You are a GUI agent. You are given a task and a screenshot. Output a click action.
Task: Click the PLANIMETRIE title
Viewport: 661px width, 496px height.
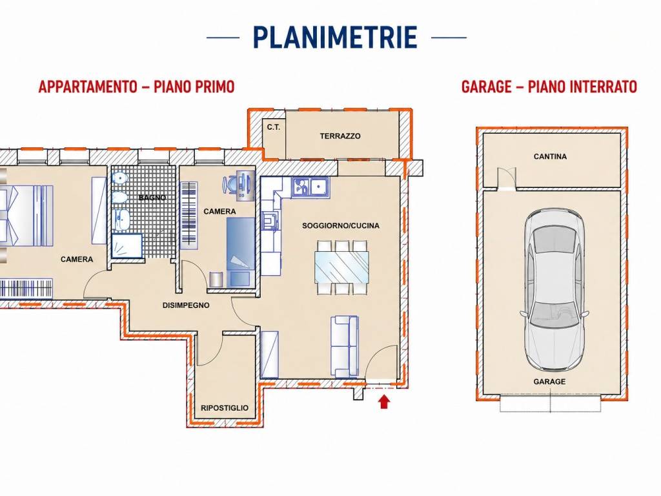(x=336, y=37)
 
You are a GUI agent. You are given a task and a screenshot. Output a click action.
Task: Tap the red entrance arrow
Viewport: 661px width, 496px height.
(x=383, y=401)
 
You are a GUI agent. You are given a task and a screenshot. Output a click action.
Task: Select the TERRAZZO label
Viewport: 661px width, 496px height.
(x=340, y=136)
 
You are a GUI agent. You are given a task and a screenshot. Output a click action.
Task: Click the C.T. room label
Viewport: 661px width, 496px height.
(x=273, y=127)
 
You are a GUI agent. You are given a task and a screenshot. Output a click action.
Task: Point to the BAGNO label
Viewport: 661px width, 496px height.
(x=152, y=198)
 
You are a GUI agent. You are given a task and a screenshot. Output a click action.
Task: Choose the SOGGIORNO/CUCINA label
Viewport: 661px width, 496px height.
(x=341, y=225)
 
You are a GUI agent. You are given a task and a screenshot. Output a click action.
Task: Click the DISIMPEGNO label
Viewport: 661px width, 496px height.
(x=186, y=305)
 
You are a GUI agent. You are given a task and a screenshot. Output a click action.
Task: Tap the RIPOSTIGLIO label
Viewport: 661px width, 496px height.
(x=224, y=408)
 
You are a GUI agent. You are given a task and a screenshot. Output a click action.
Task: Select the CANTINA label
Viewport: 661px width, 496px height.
(x=550, y=156)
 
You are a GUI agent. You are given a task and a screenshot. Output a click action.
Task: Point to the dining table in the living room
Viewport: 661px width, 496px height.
(x=341, y=267)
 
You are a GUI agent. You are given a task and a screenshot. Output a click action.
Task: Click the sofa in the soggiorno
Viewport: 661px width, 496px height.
(x=345, y=346)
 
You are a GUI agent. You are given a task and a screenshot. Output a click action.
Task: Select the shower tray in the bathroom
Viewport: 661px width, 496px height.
(x=127, y=246)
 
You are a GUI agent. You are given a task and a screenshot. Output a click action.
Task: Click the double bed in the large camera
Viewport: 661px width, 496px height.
(x=26, y=215)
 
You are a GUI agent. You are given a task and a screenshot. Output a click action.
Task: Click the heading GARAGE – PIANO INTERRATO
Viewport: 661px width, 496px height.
(x=549, y=87)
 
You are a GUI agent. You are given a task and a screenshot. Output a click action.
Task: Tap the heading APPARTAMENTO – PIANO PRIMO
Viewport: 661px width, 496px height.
(x=136, y=87)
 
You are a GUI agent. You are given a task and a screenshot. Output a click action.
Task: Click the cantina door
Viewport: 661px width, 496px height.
(x=506, y=180)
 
